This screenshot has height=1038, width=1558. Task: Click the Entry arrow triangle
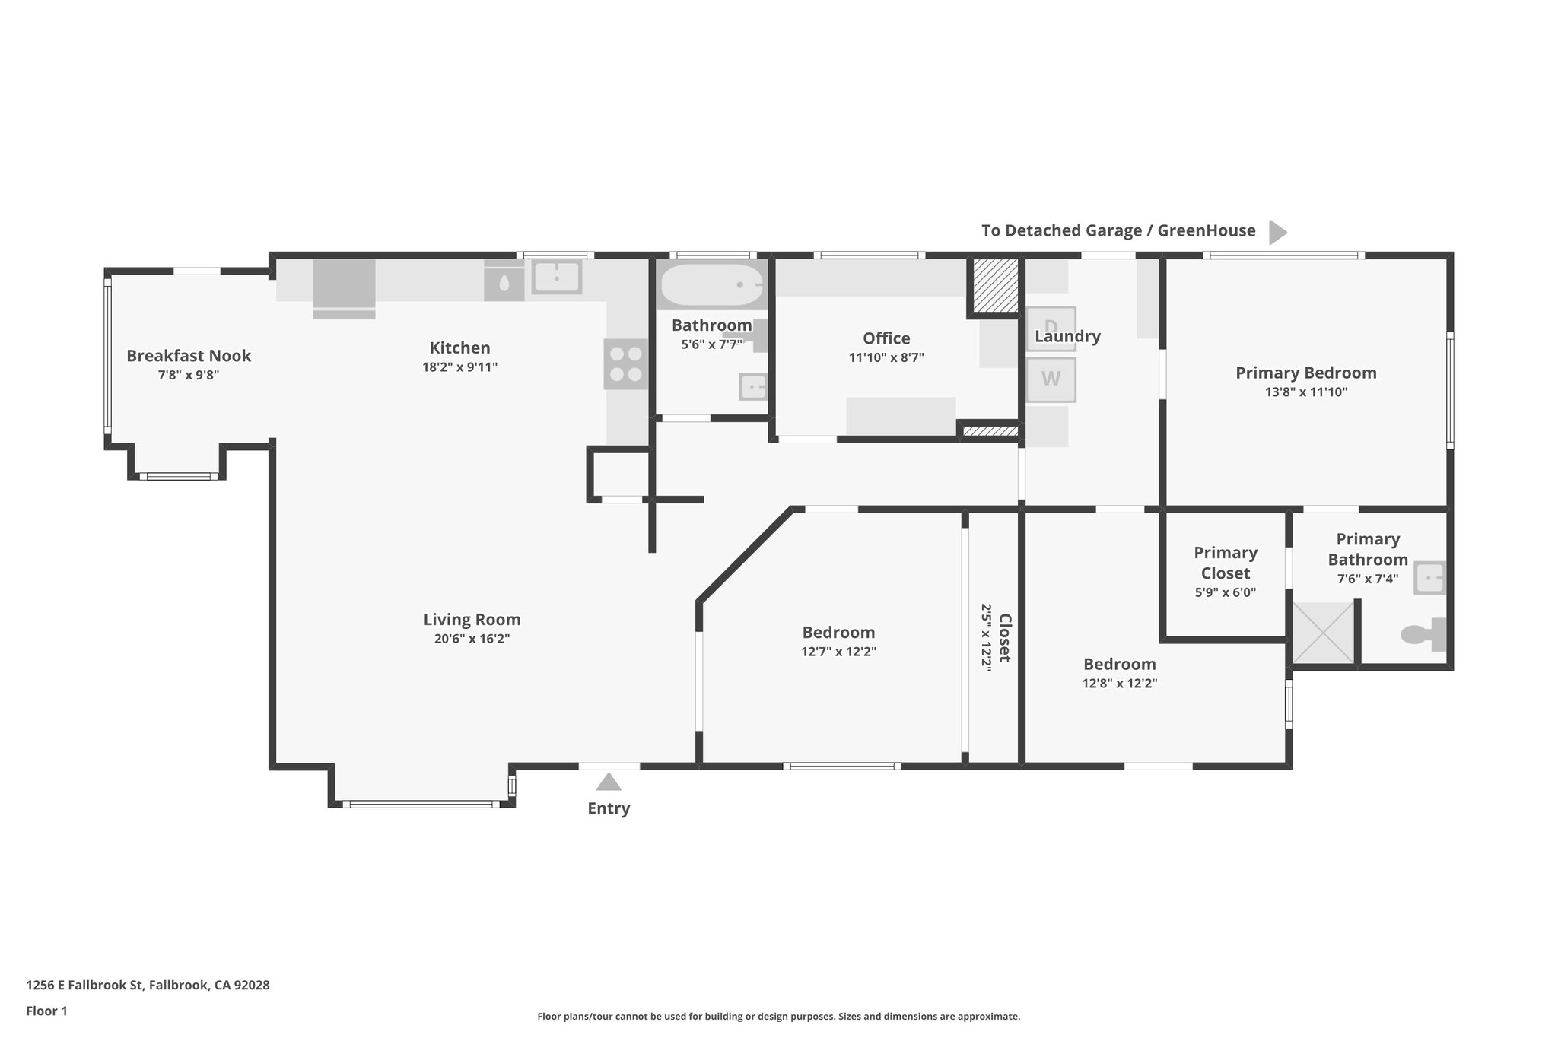tap(609, 782)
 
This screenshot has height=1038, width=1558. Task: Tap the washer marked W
tap(1051, 379)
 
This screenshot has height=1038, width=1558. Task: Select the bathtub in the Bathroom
tap(711, 285)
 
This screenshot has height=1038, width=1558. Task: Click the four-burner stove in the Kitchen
tap(625, 364)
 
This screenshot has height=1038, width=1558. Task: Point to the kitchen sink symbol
tap(556, 277)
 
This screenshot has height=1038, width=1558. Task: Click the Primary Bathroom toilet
tap(1422, 634)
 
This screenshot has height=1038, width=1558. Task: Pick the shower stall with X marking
tap(1324, 633)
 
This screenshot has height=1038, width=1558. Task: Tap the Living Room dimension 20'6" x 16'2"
tap(472, 639)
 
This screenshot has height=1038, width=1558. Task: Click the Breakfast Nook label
tap(189, 356)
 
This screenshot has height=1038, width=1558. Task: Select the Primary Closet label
tap(1225, 563)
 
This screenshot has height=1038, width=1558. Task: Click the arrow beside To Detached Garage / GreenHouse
tap(1277, 232)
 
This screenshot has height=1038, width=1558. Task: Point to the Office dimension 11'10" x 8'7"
tap(886, 357)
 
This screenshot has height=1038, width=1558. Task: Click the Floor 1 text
tap(47, 1011)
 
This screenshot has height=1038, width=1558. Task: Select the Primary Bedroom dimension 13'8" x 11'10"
tap(1305, 392)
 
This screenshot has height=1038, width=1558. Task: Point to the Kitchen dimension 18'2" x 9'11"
tap(459, 367)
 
